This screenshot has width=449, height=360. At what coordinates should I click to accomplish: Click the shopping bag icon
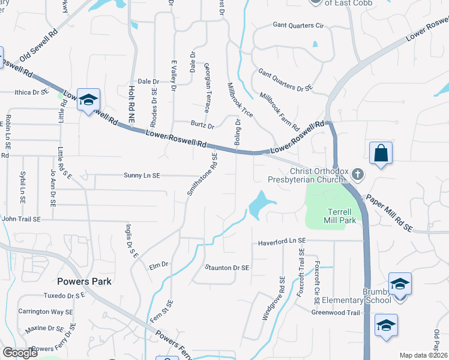point(381,153)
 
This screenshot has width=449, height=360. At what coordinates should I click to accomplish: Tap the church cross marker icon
point(358,174)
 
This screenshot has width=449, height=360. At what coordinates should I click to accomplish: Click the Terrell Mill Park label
point(342,216)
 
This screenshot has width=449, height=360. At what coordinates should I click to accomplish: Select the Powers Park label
point(85,281)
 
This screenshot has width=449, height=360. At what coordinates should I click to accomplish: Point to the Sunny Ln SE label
point(142,175)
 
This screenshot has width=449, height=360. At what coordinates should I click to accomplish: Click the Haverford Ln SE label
point(282,241)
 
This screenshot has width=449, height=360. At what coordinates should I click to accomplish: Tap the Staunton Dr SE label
point(227,268)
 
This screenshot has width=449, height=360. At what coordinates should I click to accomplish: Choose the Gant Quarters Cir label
point(298,26)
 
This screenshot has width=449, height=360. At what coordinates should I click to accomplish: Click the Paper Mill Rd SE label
point(388,211)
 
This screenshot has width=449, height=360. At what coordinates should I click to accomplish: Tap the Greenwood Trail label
point(336,312)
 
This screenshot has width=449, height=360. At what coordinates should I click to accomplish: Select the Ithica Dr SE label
point(31,92)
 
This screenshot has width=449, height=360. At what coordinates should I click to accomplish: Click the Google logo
point(20,353)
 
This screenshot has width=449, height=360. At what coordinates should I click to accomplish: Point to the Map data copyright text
point(423,355)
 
